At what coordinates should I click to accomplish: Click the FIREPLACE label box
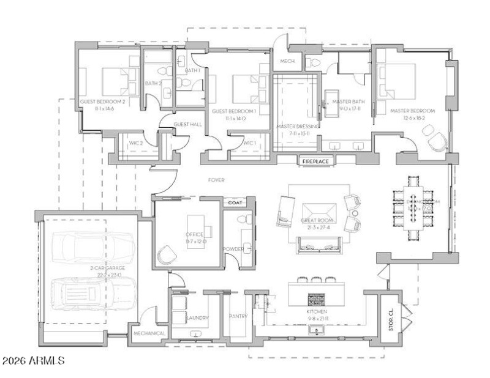(315, 161)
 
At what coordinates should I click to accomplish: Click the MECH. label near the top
(287, 62)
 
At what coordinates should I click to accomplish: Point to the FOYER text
(216, 180)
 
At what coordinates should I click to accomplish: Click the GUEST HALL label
(187, 124)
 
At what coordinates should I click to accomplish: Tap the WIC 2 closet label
(135, 143)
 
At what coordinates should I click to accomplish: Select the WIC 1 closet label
(249, 143)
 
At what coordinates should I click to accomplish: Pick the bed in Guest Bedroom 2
(113, 80)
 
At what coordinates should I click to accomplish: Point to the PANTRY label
(236, 317)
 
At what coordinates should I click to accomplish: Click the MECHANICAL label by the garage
(150, 333)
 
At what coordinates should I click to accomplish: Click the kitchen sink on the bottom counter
(317, 332)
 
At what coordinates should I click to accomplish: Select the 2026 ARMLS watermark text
(34, 361)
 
